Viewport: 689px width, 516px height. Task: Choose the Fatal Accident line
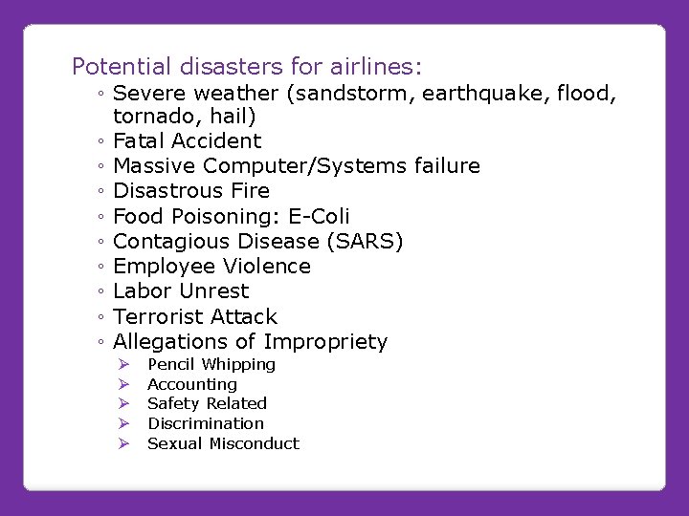point(187,141)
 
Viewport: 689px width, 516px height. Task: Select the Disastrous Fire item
point(191,191)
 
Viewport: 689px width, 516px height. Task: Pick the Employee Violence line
point(211,266)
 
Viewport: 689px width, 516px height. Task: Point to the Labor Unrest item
point(181,291)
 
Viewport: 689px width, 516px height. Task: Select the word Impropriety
point(325,342)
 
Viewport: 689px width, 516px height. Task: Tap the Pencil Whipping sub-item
point(211,364)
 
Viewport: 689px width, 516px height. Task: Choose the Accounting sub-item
point(192,384)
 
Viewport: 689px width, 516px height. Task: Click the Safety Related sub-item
point(207,403)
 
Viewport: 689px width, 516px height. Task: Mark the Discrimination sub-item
point(206,423)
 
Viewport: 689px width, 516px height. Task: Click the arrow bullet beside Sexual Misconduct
point(122,443)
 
